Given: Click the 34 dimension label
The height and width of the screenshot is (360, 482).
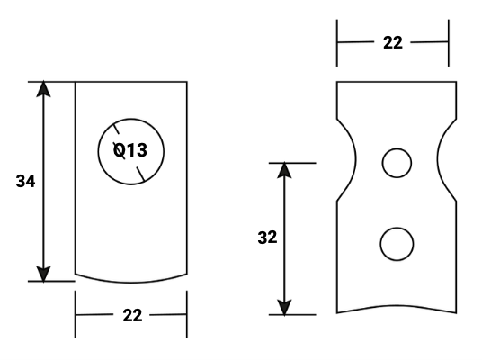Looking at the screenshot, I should [x=26, y=181].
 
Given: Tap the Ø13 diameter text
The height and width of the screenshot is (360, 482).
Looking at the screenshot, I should [x=130, y=150].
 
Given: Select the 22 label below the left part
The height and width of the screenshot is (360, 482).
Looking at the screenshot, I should [x=131, y=315].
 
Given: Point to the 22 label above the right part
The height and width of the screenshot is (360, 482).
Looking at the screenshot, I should [x=393, y=42].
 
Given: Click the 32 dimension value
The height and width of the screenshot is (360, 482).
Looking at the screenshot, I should [x=267, y=238].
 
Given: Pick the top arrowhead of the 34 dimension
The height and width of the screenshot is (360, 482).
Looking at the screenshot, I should [x=44, y=89].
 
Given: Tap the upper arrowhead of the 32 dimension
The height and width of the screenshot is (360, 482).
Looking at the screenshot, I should [x=284, y=171].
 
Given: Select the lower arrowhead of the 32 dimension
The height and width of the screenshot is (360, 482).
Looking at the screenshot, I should [x=284, y=307].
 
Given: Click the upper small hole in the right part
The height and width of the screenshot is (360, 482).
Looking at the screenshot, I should [x=396, y=163].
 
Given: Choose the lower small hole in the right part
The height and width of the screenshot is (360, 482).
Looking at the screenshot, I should [x=396, y=243].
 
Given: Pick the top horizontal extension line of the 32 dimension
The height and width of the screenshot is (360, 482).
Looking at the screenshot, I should [x=293, y=163].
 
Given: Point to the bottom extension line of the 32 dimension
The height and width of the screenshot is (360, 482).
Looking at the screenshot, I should [x=293, y=315].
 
